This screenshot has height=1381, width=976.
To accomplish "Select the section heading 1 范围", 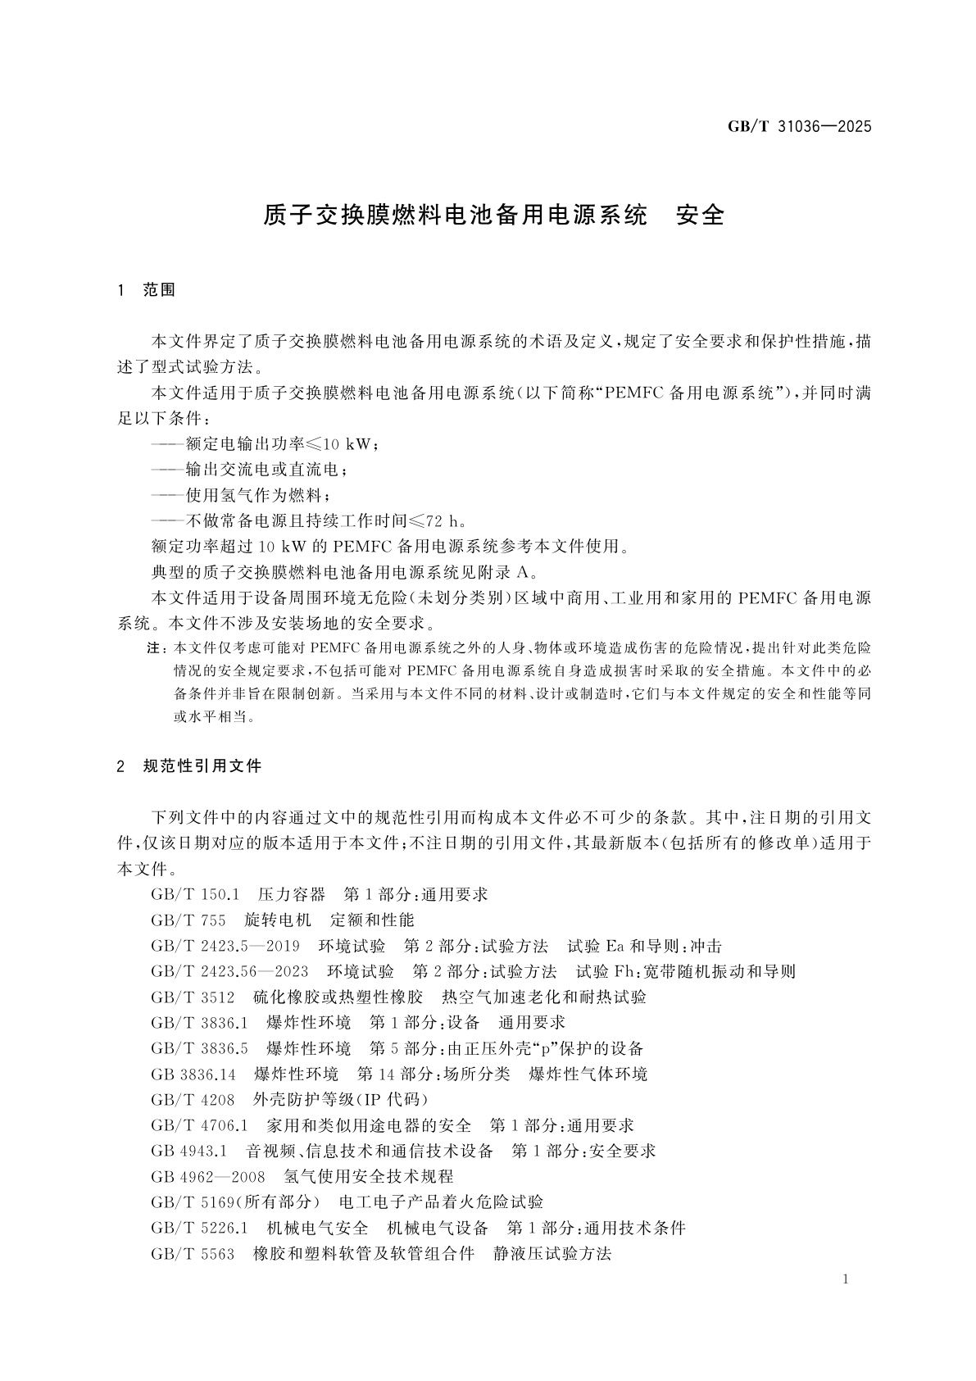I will tap(147, 290).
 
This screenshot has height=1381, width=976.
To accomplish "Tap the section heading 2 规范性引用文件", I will tap(189, 767).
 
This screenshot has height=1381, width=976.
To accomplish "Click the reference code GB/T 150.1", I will tap(195, 894).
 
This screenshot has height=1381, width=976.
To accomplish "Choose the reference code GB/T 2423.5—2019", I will tap(225, 946).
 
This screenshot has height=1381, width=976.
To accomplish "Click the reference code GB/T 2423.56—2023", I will tap(229, 971).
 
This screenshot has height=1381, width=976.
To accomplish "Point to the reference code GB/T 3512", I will tap(193, 997).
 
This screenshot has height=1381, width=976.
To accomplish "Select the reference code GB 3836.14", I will tap(193, 1074).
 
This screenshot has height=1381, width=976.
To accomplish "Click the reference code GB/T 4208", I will tap(193, 1099).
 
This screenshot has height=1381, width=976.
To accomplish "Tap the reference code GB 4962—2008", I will tap(208, 1176).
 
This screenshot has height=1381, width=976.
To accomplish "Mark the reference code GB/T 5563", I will tap(193, 1253).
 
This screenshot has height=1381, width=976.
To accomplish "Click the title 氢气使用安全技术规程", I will tap(368, 1176).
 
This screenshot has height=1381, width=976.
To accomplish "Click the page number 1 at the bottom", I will tap(846, 1280).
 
